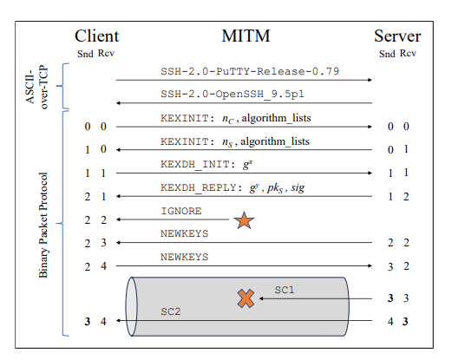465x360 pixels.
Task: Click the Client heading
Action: pos(96,36)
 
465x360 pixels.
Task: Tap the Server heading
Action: pos(397,36)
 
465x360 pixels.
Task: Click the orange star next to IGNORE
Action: pos(244,221)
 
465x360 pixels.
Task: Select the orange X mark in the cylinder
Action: pos(246,299)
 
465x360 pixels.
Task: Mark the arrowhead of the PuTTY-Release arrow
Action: pos(370,80)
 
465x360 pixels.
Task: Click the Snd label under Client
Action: pos(84,54)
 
